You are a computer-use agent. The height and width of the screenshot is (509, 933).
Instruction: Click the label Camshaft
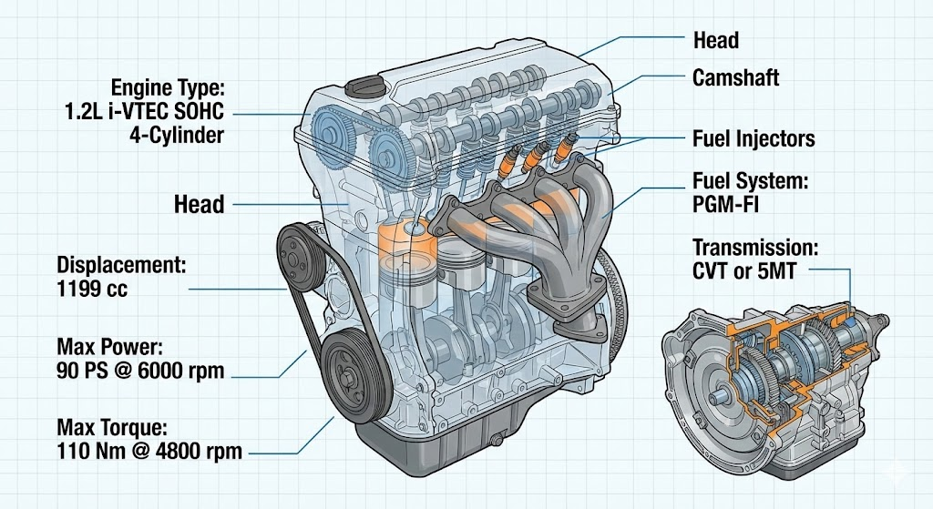pos(735,77)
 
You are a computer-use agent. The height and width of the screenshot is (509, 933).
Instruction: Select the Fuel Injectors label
pos(754,139)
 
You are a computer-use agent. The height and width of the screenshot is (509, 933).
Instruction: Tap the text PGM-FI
pos(726,203)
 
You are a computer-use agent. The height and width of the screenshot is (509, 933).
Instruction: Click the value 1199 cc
pos(92,290)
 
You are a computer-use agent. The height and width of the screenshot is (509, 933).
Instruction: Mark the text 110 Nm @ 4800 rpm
pos(149,450)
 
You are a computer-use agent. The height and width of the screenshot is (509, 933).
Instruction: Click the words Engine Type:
pos(167,89)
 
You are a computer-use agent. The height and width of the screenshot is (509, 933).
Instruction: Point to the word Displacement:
pos(121,266)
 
